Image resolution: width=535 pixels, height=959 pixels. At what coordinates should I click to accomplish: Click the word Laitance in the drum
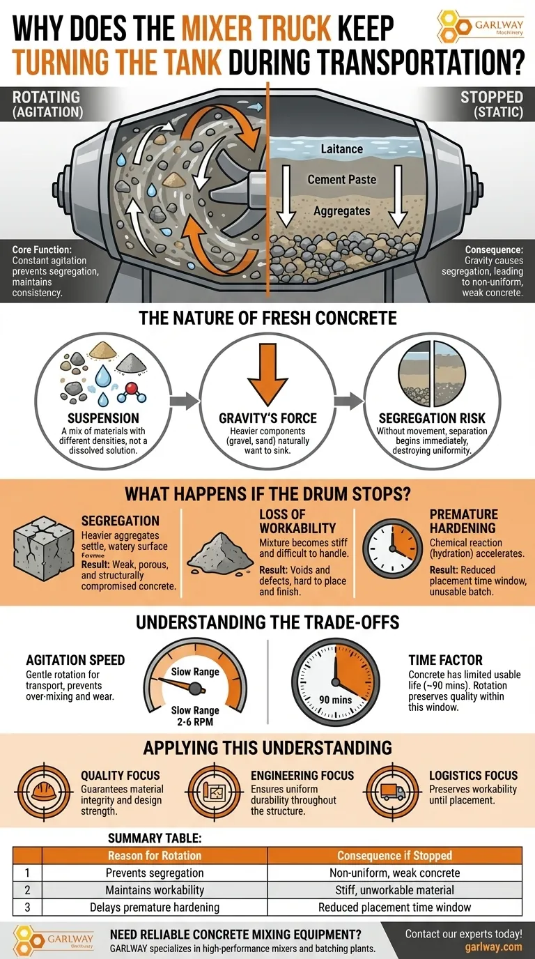click(341, 148)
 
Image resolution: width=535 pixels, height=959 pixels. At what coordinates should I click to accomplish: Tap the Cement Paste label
click(341, 180)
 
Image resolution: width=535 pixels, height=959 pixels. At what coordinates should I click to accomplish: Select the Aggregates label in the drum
click(341, 210)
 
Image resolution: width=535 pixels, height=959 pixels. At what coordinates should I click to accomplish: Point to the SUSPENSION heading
click(103, 418)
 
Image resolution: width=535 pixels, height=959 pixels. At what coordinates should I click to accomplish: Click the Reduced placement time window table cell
click(394, 907)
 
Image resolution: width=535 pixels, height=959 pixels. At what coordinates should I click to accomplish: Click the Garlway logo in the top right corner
click(481, 26)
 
